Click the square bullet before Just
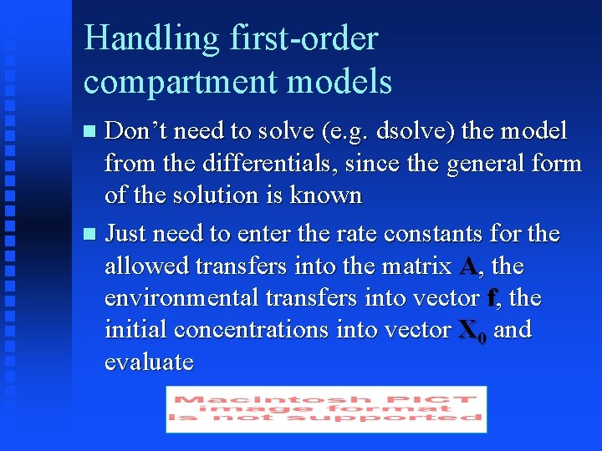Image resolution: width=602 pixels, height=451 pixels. (92, 235)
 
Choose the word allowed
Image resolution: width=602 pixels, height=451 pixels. (147, 266)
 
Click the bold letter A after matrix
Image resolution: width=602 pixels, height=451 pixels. (468, 266)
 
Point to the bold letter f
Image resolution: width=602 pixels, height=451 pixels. (492, 298)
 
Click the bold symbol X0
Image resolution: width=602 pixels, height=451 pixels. (472, 332)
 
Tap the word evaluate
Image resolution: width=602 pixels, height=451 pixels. (149, 362)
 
